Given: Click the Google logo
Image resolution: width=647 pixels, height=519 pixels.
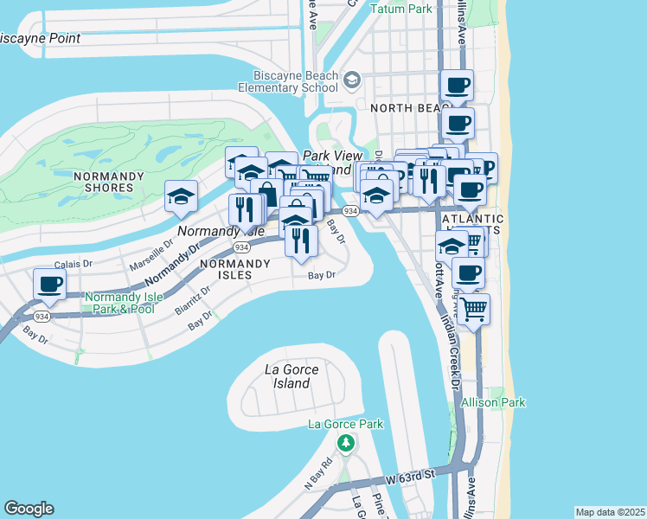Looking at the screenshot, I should (x=29, y=508).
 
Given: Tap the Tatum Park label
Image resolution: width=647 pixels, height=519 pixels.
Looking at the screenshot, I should (x=400, y=9).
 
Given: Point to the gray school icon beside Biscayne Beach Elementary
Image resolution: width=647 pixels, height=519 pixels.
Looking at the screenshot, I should (x=351, y=81).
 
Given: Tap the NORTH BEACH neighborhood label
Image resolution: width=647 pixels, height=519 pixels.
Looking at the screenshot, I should (x=405, y=108).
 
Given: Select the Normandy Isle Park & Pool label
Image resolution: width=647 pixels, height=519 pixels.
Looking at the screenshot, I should (x=119, y=303).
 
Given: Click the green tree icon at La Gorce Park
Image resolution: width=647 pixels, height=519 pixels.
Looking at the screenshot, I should (x=345, y=443).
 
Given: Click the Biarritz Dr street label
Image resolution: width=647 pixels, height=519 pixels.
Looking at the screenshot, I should (x=192, y=298).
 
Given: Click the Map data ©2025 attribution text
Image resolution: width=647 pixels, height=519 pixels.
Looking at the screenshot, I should (x=610, y=512).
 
